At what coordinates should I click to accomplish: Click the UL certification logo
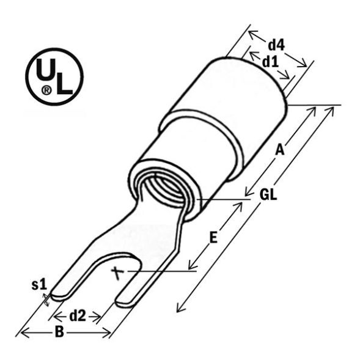[x=54, y=77]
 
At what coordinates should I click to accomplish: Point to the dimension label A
[x=279, y=149]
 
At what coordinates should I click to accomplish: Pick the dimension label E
[x=213, y=238]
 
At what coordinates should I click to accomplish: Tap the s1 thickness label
[x=39, y=284]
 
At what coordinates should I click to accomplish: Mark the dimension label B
[x=59, y=332]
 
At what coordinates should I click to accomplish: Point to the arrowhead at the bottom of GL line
[x=179, y=309]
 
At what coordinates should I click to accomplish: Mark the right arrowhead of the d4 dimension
[x=304, y=63]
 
